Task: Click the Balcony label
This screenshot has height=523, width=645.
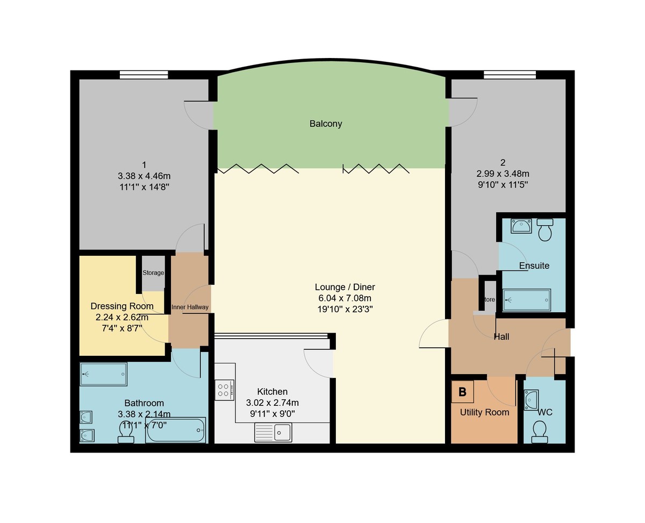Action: [326, 124]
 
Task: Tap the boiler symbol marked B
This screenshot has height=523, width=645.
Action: [462, 392]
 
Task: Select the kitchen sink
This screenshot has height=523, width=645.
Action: [273, 432]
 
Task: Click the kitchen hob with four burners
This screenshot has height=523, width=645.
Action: [224, 390]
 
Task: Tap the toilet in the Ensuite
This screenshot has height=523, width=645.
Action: [545, 230]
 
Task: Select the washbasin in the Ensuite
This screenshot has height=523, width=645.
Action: [520, 226]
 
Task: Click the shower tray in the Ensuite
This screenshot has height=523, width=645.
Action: [527, 300]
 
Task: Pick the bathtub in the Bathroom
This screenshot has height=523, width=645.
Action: [175, 430]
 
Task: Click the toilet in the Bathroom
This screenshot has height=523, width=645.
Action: [125, 433]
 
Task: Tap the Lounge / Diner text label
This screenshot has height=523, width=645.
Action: [345, 287]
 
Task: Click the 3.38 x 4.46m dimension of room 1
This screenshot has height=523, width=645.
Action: [144, 176]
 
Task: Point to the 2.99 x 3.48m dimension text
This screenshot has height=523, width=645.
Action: [503, 174]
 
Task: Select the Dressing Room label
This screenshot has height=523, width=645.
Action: [122, 306]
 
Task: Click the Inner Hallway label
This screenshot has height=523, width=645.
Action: [190, 307]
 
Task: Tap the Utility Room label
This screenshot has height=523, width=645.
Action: [484, 412]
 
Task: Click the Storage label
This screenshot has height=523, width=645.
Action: [153, 273]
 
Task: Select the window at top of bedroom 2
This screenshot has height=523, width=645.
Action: [510, 75]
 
